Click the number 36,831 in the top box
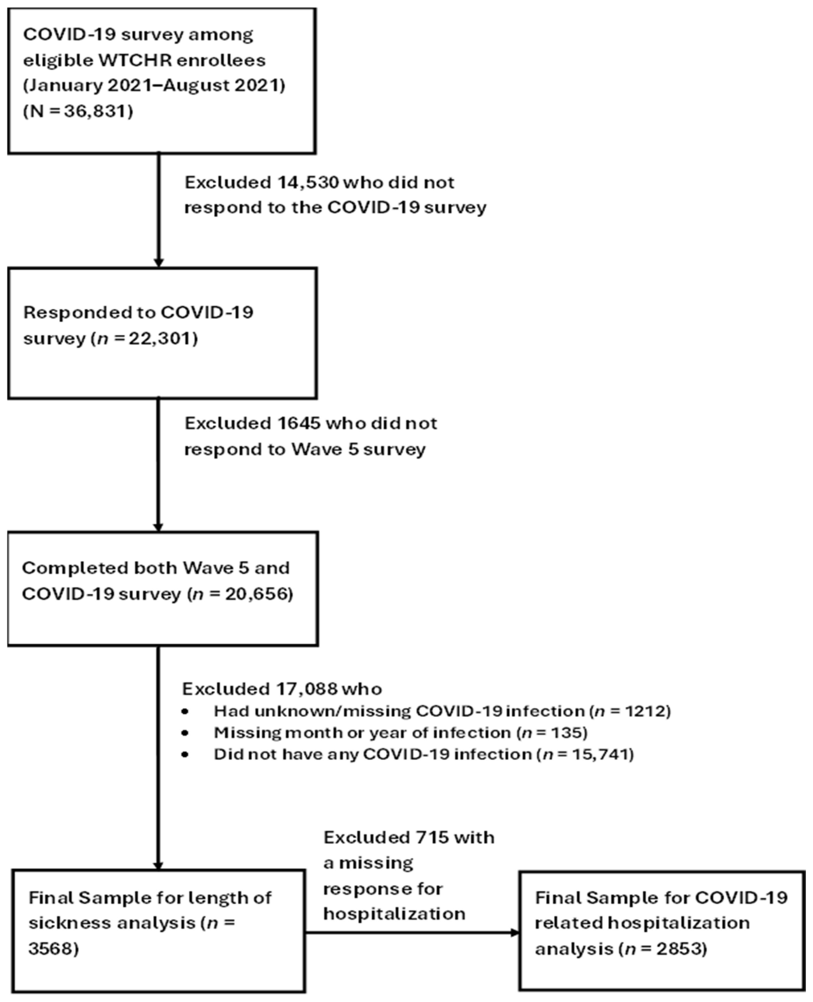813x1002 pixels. click(98, 111)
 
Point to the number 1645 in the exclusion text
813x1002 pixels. click(296, 423)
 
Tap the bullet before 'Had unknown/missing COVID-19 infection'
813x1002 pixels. click(186, 711)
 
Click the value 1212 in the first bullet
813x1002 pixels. click(645, 711)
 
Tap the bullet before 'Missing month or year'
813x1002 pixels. click(186, 733)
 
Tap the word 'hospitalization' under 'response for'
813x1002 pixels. click(394, 913)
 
